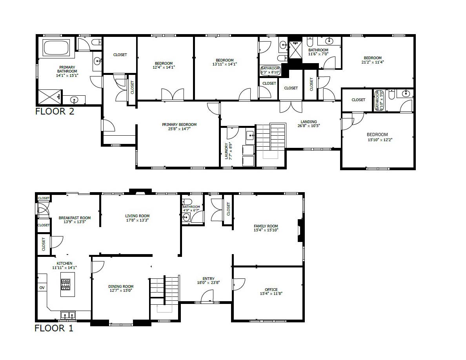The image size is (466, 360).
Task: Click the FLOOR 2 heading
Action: click(55, 111)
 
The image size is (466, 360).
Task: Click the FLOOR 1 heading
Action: click(54, 328)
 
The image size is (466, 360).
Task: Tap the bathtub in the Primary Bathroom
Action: click(56, 47)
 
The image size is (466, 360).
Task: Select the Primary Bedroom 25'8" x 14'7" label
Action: click(179, 127)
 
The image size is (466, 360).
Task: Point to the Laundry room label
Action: click(228, 151)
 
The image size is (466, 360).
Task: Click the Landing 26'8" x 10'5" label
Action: click(308, 124)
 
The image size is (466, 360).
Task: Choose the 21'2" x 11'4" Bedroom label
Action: click(373, 60)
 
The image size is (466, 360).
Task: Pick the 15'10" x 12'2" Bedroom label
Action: click(377, 137)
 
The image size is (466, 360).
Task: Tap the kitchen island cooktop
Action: click(66, 284)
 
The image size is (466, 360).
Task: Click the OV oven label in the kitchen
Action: click(42, 287)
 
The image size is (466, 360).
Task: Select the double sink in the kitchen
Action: click(68, 315)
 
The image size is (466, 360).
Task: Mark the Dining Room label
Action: click(121, 288)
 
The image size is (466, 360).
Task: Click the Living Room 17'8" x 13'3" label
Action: click(137, 218)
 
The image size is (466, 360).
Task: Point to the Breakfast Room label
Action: click(75, 220)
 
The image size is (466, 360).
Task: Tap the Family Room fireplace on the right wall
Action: click(301, 231)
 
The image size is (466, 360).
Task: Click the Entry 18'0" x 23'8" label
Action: click(208, 281)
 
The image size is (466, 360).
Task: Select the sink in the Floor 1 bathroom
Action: click(186, 217)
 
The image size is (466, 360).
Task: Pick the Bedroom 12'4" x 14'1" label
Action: click(164, 65)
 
